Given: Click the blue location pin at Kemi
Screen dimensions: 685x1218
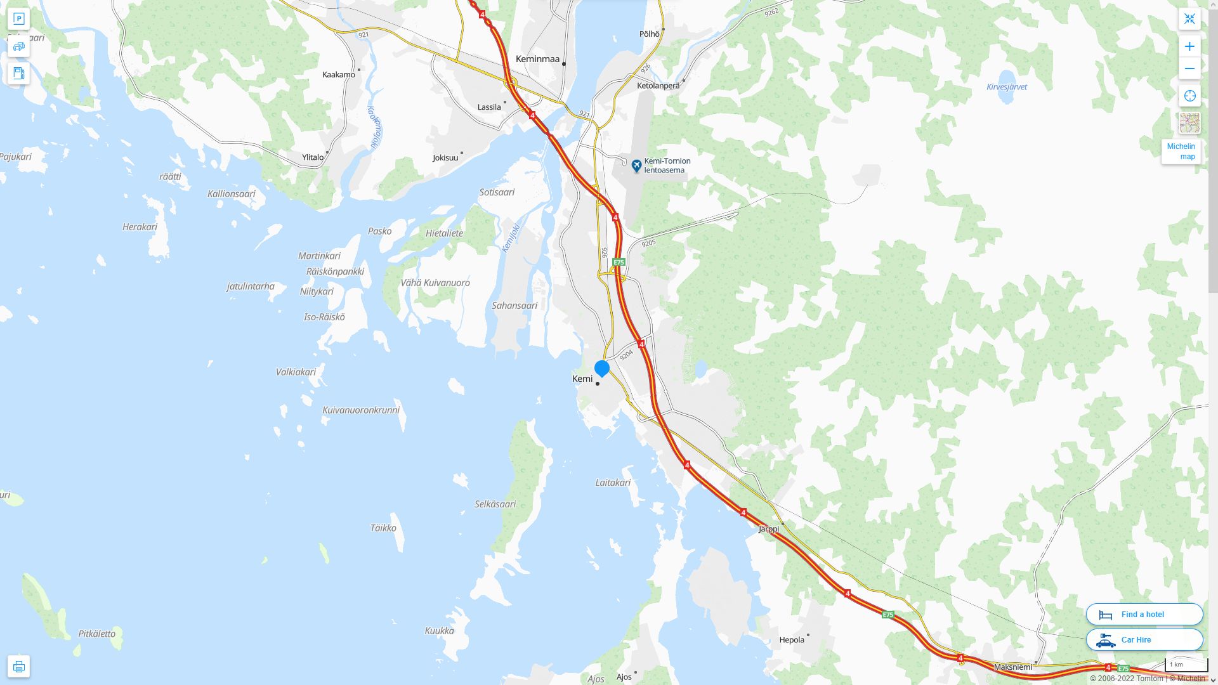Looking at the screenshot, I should coord(601,368).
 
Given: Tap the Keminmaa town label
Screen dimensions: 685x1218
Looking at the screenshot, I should coord(537,59).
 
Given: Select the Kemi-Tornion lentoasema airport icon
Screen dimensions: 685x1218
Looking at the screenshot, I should coord(636,166).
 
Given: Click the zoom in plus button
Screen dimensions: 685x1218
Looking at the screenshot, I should coord(1189,46).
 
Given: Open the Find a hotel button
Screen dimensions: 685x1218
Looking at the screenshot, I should coord(1144,614).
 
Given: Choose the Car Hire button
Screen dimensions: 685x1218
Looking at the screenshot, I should coord(1144,639).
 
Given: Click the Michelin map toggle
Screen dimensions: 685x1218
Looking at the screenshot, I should coord(1181,152).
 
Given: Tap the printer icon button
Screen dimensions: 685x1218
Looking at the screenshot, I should coord(18,666).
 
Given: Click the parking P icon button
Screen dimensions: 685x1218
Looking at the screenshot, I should coord(18,18).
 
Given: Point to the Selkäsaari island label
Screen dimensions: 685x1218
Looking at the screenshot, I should coord(495,504).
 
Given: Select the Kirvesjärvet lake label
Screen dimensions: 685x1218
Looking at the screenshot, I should coord(1006,87).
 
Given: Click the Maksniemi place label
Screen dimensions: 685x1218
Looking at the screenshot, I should coord(1012,667).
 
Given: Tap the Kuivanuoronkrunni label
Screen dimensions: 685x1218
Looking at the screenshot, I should coord(360,410).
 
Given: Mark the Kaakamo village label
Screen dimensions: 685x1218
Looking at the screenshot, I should coord(338,74).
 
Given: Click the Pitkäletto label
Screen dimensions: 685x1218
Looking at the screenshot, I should coord(96,634).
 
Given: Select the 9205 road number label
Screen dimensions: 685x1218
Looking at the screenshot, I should coord(648,243).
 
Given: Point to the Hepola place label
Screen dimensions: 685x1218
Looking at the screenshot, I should coord(791,639).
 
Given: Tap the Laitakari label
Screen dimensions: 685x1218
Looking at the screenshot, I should coord(612,483).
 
